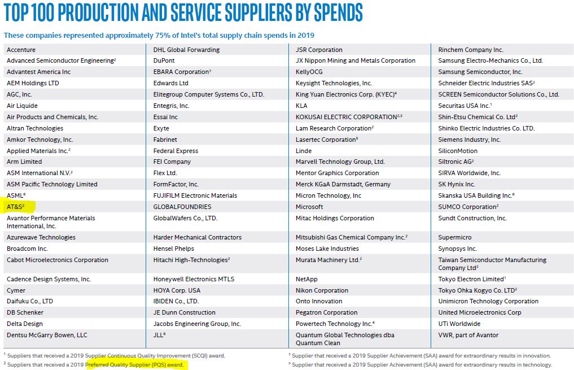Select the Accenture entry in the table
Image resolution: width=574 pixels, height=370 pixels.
pyautogui.click(x=21, y=50)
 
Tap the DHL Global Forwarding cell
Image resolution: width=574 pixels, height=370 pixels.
pyautogui.click(x=186, y=50)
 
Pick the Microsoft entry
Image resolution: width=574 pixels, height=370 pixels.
pyautogui.click(x=309, y=207)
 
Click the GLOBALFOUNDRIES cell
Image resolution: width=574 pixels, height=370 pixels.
pyautogui.click(x=182, y=207)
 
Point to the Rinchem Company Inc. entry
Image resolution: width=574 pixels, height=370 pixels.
pyautogui.click(x=471, y=50)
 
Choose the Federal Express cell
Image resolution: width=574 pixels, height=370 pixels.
pyautogui.click(x=176, y=151)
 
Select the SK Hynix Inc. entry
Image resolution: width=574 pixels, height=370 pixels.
pyautogui.click(x=457, y=184)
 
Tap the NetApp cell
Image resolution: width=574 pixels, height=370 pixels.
pyautogui.click(x=306, y=279)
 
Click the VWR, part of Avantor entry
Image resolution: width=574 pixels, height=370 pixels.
pyautogui.click(x=468, y=335)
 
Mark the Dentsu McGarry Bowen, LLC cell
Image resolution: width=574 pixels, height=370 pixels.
pyautogui.click(x=47, y=335)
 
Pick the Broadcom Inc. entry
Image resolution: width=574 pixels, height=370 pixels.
pyautogui.click(x=27, y=249)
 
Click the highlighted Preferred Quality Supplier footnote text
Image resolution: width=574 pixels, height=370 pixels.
pyautogui.click(x=135, y=365)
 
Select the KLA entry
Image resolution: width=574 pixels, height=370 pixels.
pyautogui.click(x=301, y=106)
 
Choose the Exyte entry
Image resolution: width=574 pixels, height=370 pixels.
pyautogui.click(x=161, y=128)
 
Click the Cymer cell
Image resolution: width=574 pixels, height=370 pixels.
pyautogui.click(x=16, y=290)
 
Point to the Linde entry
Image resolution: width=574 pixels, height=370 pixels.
pyautogui.click(x=304, y=151)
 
